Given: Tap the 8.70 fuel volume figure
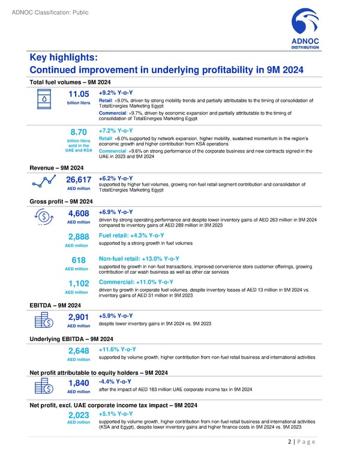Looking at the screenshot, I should (x=79, y=132).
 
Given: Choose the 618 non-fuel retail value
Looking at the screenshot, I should (x=79, y=260).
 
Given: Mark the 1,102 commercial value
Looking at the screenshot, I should (x=79, y=283).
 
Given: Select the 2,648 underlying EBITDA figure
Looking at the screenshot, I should (x=79, y=351).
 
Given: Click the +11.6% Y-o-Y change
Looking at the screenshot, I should (x=118, y=349).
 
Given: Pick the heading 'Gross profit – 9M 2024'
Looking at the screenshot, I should (x=61, y=201).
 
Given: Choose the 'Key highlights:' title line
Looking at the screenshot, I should (x=64, y=58).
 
